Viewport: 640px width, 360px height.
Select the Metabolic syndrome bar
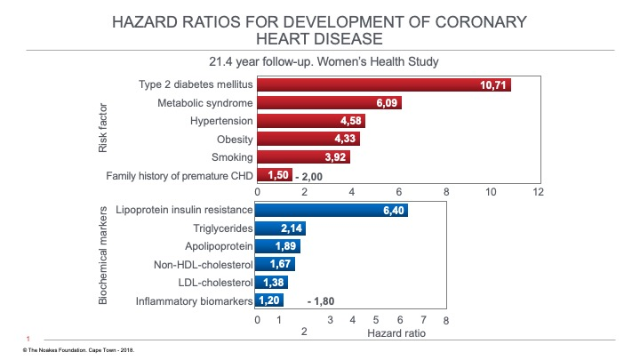(329, 103)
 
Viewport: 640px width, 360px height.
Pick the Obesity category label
(235, 140)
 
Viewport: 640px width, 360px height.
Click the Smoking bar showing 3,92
(303, 157)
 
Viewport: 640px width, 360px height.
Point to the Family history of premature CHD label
(180, 176)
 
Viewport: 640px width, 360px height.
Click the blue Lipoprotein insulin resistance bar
(332, 211)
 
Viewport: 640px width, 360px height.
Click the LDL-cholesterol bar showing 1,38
(272, 283)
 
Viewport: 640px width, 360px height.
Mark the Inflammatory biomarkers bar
(269, 300)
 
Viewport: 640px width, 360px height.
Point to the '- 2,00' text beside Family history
(308, 176)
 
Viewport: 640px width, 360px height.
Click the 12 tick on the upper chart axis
(537, 191)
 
